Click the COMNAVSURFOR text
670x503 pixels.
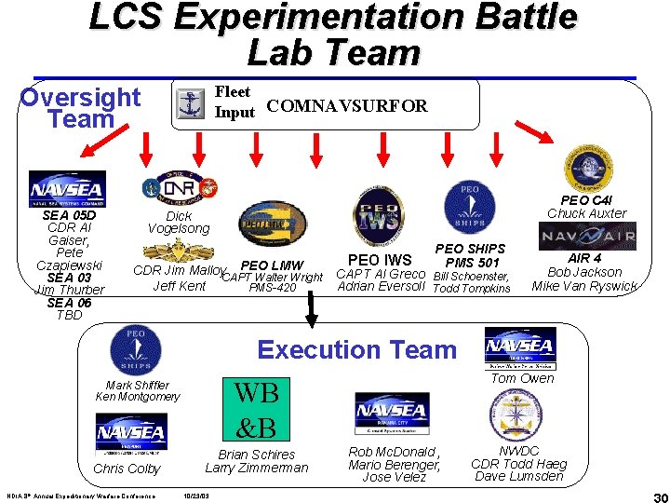pos(346,106)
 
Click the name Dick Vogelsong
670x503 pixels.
pos(179,222)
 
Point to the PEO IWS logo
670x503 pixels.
pos(378,214)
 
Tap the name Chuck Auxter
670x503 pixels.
pos(586,213)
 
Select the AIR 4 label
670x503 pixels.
pos(584,259)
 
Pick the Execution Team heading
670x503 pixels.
pos(357,350)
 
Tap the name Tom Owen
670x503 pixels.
pos(522,378)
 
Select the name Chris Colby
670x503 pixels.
pos(127,469)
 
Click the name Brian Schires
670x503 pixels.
pos(257,455)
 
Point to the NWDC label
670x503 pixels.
pos(518,452)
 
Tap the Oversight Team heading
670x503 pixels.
pos(80,108)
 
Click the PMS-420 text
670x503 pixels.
pos(273,289)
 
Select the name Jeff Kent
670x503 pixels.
pos(179,286)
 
